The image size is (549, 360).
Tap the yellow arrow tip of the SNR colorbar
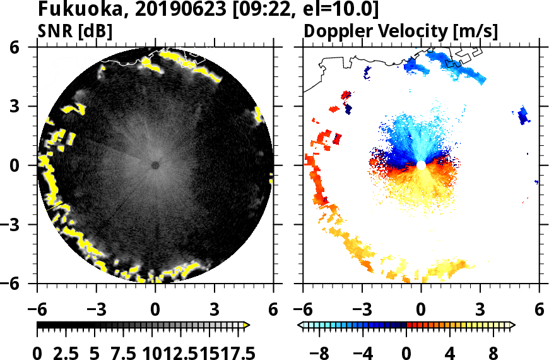point(247,325)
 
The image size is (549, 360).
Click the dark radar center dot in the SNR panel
point(155,165)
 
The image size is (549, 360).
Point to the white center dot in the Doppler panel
point(421,165)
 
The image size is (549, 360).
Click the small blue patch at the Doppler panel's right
point(522,115)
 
